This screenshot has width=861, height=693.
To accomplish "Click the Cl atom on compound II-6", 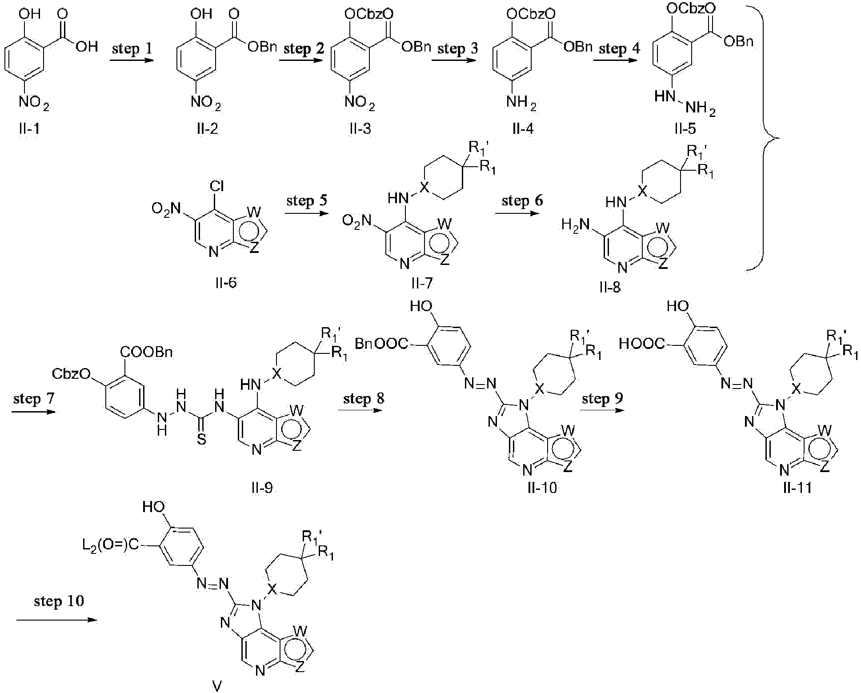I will (x=217, y=187).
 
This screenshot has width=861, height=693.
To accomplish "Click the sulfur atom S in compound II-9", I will (x=201, y=440).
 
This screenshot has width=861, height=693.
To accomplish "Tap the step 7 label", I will (x=34, y=398).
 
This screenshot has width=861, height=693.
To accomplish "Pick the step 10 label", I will (x=59, y=601).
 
